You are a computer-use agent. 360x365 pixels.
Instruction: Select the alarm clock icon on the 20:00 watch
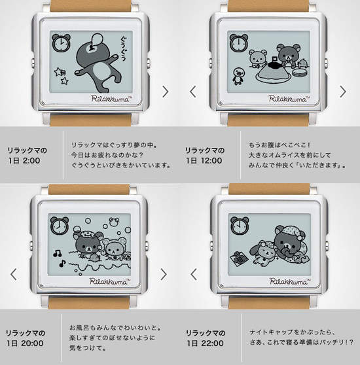point(59,225)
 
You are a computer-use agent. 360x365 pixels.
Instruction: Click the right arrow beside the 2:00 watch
point(166,91)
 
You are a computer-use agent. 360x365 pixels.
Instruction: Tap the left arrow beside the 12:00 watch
point(193,91)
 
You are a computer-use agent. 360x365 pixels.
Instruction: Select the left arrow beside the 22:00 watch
point(193,273)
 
